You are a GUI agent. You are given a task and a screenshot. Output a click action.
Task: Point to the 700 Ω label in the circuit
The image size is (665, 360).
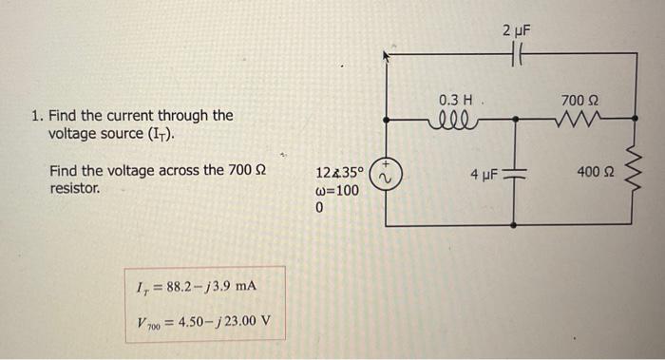tap(579, 99)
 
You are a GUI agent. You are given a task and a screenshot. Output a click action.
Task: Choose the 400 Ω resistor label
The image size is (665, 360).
tap(595, 173)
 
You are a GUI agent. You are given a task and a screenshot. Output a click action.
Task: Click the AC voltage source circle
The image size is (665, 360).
tap(385, 174)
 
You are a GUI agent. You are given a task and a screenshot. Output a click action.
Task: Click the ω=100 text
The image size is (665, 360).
tap(337, 190)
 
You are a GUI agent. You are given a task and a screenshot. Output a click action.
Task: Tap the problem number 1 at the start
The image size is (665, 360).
tap(34, 116)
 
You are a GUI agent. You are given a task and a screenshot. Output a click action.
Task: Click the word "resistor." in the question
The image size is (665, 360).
tap(76, 188)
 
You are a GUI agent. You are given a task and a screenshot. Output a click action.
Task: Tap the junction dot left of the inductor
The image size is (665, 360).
tap(385, 121)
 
